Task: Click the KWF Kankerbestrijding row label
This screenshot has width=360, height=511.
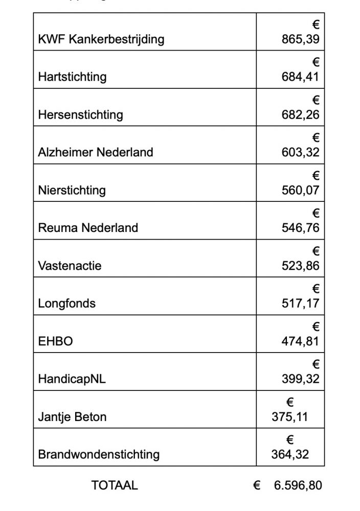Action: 101,39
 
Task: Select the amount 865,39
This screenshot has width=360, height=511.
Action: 301,39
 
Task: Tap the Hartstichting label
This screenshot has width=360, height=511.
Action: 72,77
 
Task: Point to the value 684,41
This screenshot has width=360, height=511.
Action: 301,77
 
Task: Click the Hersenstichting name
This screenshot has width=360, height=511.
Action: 80,114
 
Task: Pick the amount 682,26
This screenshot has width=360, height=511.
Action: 301,114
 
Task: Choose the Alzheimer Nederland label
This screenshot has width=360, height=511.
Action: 95,152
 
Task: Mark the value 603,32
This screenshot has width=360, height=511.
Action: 301,152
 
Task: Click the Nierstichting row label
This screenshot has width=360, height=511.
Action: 72,190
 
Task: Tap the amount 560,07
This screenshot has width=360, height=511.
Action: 301,190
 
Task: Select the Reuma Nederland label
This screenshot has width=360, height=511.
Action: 88,228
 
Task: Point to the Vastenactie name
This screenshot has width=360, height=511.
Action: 70,266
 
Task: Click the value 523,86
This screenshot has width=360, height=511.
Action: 301,266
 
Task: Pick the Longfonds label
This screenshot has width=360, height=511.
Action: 66,304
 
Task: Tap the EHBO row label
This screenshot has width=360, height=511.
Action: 55,341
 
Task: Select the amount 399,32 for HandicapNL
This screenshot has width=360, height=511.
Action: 301,379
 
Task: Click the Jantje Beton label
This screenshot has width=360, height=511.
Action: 72,416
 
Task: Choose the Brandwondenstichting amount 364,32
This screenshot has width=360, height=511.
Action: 290,454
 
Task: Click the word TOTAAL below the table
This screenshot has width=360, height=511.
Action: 115,485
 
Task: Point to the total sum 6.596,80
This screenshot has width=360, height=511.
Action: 298,485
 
